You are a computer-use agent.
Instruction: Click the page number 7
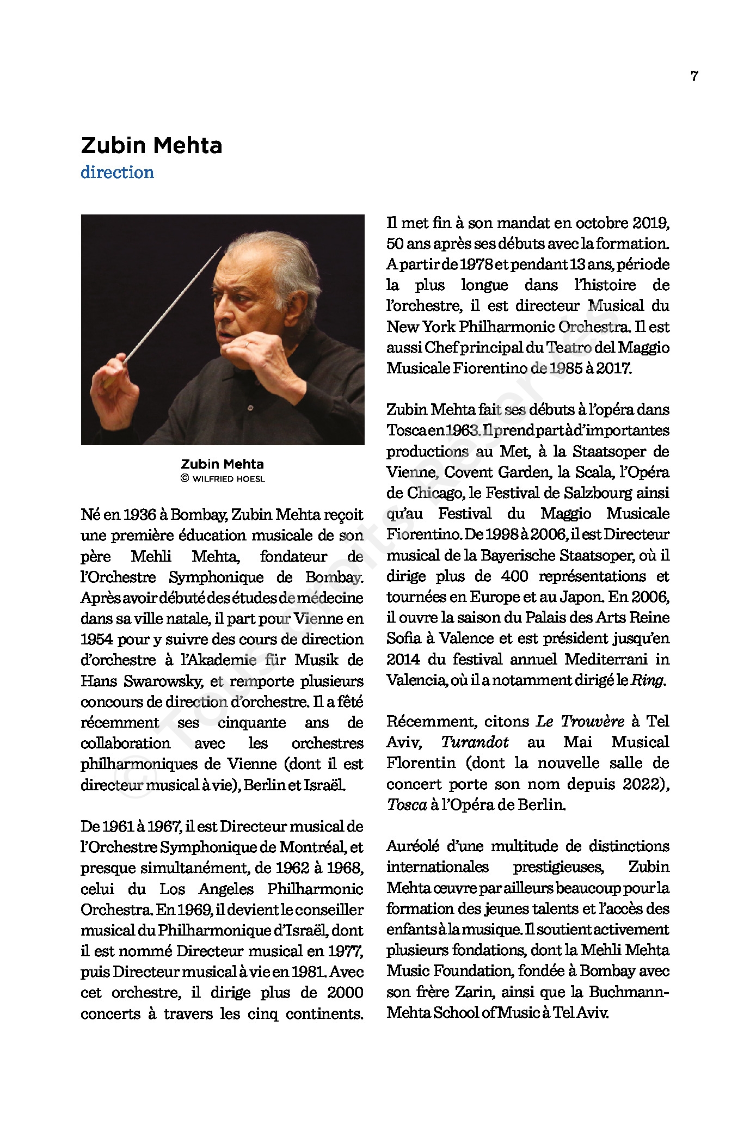pos(694,76)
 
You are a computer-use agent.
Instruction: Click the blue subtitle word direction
pos(117,173)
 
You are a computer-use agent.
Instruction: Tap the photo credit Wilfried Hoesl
pos(228,479)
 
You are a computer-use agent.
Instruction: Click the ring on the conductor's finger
pos(246,344)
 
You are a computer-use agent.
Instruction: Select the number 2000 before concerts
pos(345,992)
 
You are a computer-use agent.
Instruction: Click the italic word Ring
pos(647,680)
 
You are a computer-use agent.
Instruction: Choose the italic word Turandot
pos(475,742)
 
